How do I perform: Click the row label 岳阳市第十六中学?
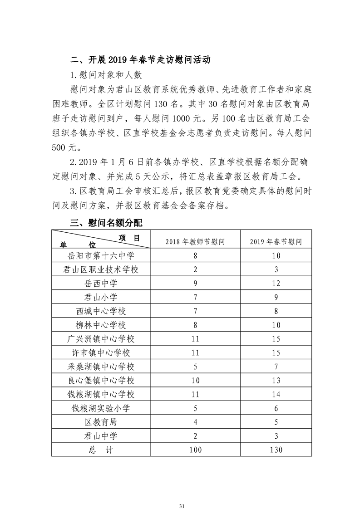click(101, 256)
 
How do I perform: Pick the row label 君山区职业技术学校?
click(101, 269)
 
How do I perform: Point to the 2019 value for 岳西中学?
click(276, 284)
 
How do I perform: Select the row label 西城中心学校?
click(101, 312)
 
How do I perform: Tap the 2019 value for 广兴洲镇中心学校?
click(276, 339)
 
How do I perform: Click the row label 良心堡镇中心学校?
click(101, 381)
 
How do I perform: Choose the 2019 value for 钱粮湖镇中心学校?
click(276, 394)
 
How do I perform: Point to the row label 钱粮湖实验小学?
click(101, 408)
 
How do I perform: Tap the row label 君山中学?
click(101, 436)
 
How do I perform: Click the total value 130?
click(276, 450)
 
